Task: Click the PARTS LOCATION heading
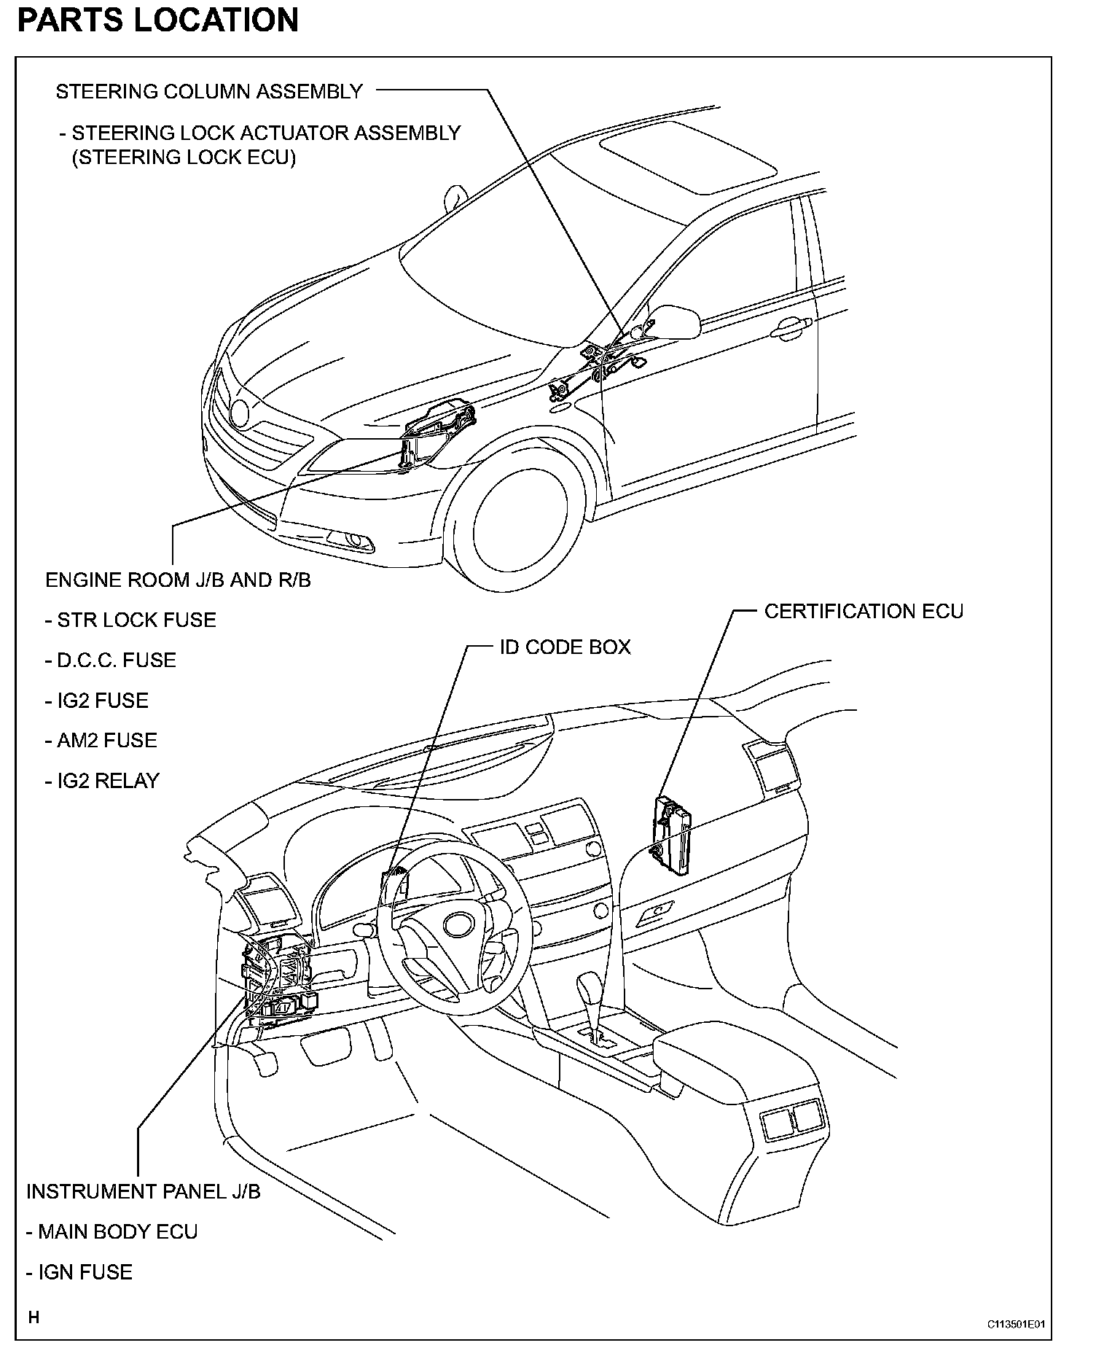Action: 157,20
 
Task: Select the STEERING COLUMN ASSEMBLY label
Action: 209,92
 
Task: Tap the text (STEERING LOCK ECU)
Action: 184,157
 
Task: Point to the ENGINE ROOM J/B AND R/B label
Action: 178,580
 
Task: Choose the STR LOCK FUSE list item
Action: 131,620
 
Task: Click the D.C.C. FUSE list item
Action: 111,661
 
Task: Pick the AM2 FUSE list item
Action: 101,741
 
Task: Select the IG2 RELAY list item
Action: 102,781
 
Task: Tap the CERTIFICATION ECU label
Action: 864,611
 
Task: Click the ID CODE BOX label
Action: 565,647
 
